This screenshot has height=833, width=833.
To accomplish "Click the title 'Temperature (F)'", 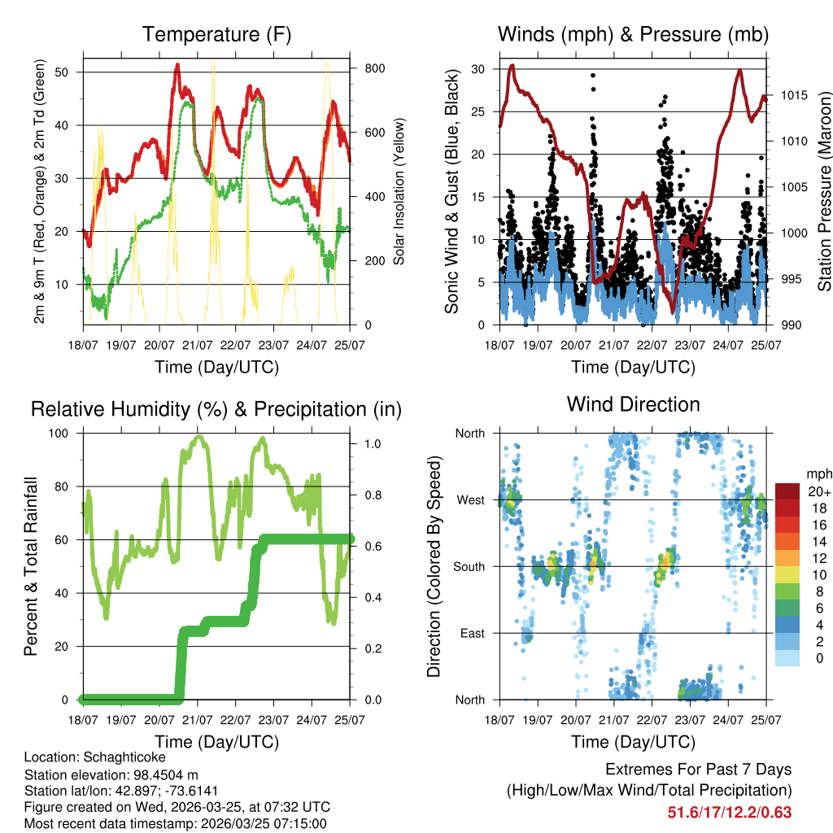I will [x=216, y=35].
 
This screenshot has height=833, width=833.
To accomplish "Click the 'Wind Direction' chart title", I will [x=633, y=404].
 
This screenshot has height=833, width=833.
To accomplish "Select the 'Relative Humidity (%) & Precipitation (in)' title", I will [x=216, y=409].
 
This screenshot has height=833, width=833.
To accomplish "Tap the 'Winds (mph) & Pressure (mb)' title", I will [x=633, y=35].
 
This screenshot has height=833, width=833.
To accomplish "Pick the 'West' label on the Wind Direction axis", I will [x=470, y=499].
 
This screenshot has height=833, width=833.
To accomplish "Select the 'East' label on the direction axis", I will [x=471, y=633].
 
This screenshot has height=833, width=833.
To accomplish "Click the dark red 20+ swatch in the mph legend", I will [x=787, y=492].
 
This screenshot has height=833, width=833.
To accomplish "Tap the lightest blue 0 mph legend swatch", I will [x=787, y=657].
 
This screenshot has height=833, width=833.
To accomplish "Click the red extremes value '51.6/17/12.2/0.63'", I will [x=730, y=813].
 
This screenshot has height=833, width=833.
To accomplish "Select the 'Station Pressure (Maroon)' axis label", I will [x=823, y=191].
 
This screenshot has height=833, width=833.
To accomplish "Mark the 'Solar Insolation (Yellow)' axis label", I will [x=399, y=191].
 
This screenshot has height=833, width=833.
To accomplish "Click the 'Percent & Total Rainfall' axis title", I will [x=31, y=566].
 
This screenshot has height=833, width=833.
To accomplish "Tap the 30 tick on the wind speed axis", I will [x=478, y=69].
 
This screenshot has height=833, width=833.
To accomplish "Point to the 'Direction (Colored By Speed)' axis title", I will [x=434, y=566].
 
